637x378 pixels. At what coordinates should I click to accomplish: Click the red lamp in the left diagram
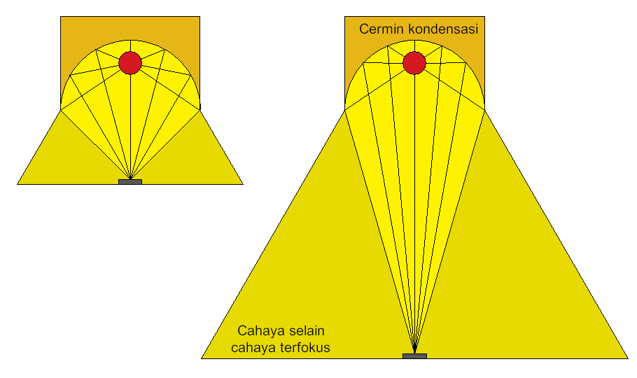click(x=130, y=62)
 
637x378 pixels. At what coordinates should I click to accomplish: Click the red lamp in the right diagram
click(x=414, y=62)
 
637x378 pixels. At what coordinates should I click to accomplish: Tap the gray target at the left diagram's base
click(x=130, y=182)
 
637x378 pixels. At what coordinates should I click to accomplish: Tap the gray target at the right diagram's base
click(x=414, y=356)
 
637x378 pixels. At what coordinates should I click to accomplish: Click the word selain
click(x=307, y=330)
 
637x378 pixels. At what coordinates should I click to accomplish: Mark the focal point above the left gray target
click(x=130, y=177)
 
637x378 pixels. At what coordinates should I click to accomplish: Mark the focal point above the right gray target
click(x=414, y=351)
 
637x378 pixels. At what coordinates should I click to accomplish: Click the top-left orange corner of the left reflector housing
click(x=63, y=19)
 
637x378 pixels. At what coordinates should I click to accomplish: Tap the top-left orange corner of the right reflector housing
click(x=347, y=19)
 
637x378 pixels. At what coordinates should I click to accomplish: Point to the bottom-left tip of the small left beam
click(x=19, y=183)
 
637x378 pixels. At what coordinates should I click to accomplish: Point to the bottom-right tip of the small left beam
click(x=241, y=183)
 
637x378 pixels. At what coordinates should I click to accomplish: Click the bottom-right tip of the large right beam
click(x=626, y=358)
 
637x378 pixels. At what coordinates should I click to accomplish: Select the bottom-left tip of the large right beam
click(x=203, y=358)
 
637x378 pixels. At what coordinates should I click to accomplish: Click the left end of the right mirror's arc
click(x=345, y=108)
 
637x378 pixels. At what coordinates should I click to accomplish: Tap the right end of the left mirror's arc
click(x=199, y=108)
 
